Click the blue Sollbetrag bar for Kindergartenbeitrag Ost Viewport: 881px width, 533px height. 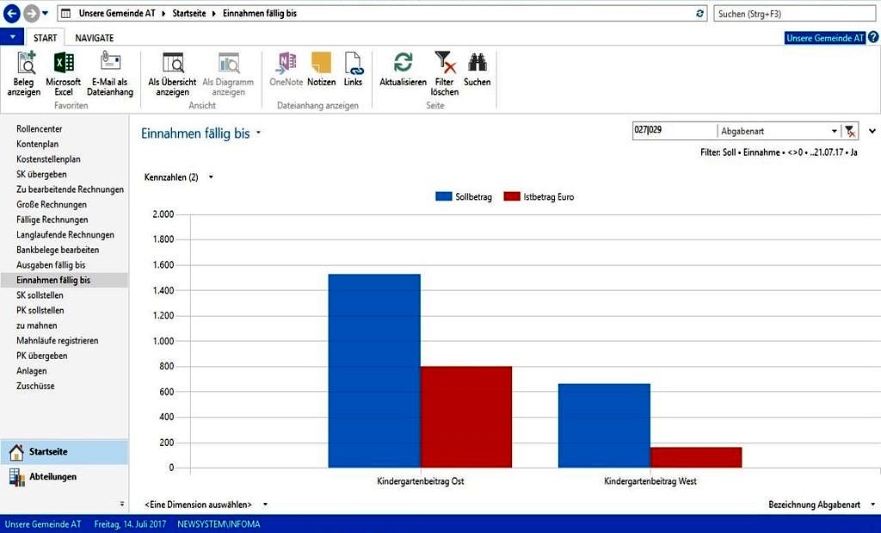(374, 370)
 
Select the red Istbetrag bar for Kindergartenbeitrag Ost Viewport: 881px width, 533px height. (466, 417)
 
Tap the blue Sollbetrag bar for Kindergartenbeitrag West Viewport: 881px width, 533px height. (604, 425)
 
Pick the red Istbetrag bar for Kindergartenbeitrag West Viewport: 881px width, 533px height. (696, 457)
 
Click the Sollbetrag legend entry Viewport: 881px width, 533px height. (465, 196)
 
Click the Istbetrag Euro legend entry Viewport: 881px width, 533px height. (539, 196)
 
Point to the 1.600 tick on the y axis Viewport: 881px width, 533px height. (163, 264)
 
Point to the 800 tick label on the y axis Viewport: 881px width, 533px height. (166, 366)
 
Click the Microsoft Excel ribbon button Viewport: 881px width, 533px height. (64, 73)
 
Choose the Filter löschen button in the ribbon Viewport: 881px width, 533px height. (445, 73)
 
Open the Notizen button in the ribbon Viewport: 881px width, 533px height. (321, 69)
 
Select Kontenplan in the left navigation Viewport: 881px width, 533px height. (37, 144)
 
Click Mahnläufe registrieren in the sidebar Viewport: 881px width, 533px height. (57, 340)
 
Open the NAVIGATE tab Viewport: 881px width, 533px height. (94, 38)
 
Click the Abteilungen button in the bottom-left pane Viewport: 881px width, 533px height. (52, 476)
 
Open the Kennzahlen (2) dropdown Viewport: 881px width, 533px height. (179, 177)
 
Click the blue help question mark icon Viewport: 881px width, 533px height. (873, 38)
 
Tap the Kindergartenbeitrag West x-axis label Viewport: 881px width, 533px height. (650, 481)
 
